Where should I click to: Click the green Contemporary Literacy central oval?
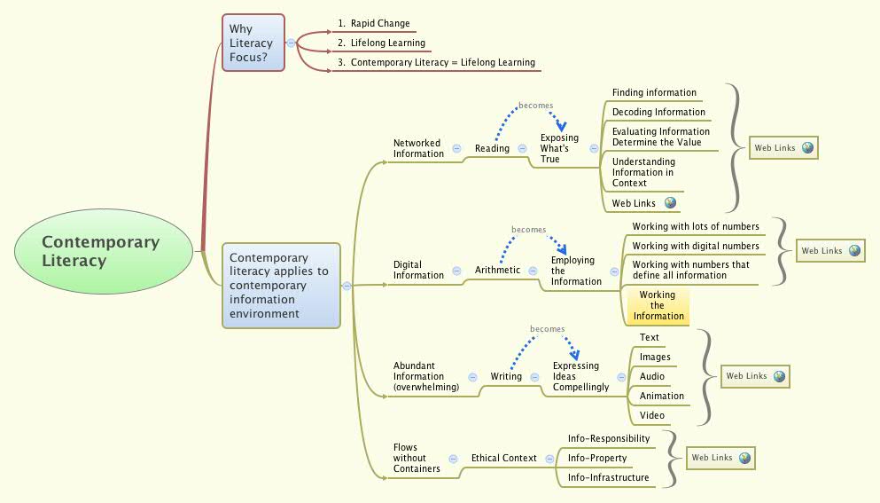[104, 251]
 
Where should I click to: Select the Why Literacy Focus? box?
[253, 43]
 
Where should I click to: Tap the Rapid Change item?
[379, 24]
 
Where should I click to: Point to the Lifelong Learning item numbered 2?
[387, 43]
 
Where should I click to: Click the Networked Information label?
[418, 148]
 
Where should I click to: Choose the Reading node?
[492, 149]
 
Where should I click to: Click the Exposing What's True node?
[559, 148]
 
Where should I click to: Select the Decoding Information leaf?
[658, 113]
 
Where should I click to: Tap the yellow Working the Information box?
[658, 306]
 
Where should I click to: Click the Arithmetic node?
[497, 270]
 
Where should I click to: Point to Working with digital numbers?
[695, 247]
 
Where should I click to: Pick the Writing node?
[506, 377]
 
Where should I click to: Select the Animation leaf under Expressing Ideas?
[662, 397]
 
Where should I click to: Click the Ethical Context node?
[503, 459]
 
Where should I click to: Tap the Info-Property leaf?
[597, 459]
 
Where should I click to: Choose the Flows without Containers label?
[417, 458]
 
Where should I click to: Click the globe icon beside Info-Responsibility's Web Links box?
[745, 458]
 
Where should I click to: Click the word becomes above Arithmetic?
[529, 230]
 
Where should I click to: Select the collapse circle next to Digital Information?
[456, 271]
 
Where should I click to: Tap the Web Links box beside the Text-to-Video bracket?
[753, 376]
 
